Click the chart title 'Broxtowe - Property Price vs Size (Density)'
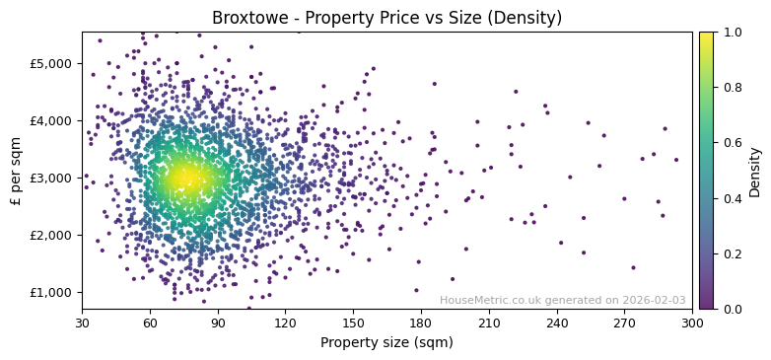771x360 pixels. (386, 18)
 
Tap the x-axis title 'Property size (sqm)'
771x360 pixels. (386, 343)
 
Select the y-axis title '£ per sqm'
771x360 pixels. (16, 171)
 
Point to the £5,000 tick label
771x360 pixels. (51, 63)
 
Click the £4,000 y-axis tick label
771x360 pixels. (51, 120)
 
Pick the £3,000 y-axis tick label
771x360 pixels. (51, 178)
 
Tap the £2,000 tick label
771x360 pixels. (51, 235)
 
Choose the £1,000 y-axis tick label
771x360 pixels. (51, 292)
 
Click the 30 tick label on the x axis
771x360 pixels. (82, 323)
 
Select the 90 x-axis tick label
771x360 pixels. (218, 323)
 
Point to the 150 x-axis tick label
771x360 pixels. (353, 323)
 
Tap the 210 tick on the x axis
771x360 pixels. (489, 323)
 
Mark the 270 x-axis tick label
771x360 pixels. (624, 323)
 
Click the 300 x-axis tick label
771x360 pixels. (692, 323)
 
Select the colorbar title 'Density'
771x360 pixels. (755, 171)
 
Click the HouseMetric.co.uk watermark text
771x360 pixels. (562, 300)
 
